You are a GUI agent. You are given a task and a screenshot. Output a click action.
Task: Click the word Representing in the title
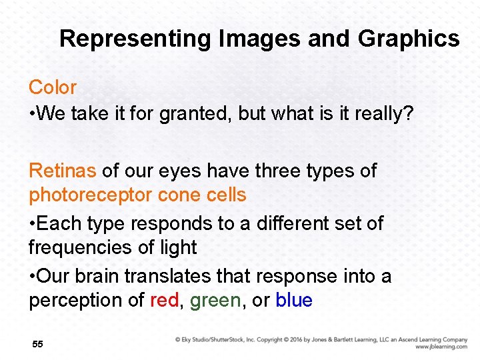[135, 39]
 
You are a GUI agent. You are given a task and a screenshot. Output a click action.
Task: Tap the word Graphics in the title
[409, 39]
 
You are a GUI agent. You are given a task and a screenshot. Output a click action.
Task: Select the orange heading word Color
[53, 87]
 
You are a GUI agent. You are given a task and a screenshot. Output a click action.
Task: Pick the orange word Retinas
[63, 171]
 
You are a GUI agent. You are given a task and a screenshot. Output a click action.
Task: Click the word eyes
[178, 171]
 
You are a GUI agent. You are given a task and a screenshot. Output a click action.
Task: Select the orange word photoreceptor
[91, 195]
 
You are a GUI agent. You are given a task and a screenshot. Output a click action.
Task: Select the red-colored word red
[164, 301]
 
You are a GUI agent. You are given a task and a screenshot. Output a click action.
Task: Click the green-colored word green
[215, 301]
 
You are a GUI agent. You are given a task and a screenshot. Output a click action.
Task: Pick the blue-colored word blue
[294, 301]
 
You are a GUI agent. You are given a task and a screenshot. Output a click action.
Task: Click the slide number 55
[37, 344]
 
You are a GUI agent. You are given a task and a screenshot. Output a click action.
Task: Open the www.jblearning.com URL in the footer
[441, 347]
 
